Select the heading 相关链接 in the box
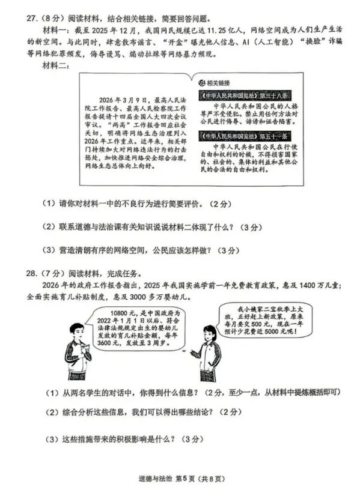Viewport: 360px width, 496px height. click(222, 82)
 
